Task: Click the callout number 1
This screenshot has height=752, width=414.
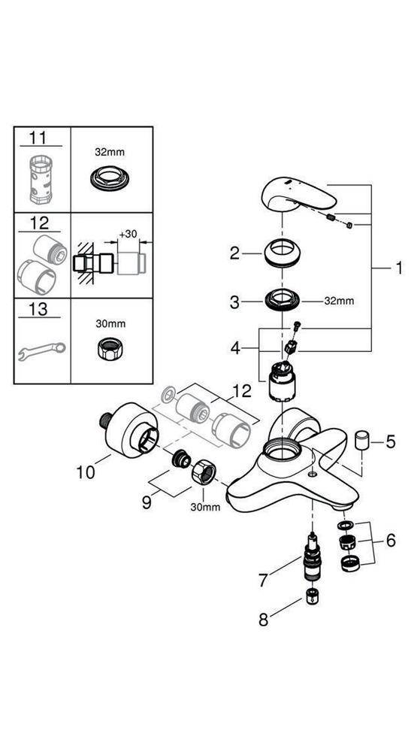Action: click(x=399, y=268)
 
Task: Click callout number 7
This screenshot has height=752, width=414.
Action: click(x=263, y=580)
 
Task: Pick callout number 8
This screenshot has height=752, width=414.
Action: click(x=263, y=621)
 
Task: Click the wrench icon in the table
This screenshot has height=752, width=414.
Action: click(x=41, y=350)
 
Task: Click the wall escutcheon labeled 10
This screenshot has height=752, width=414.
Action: click(x=123, y=431)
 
